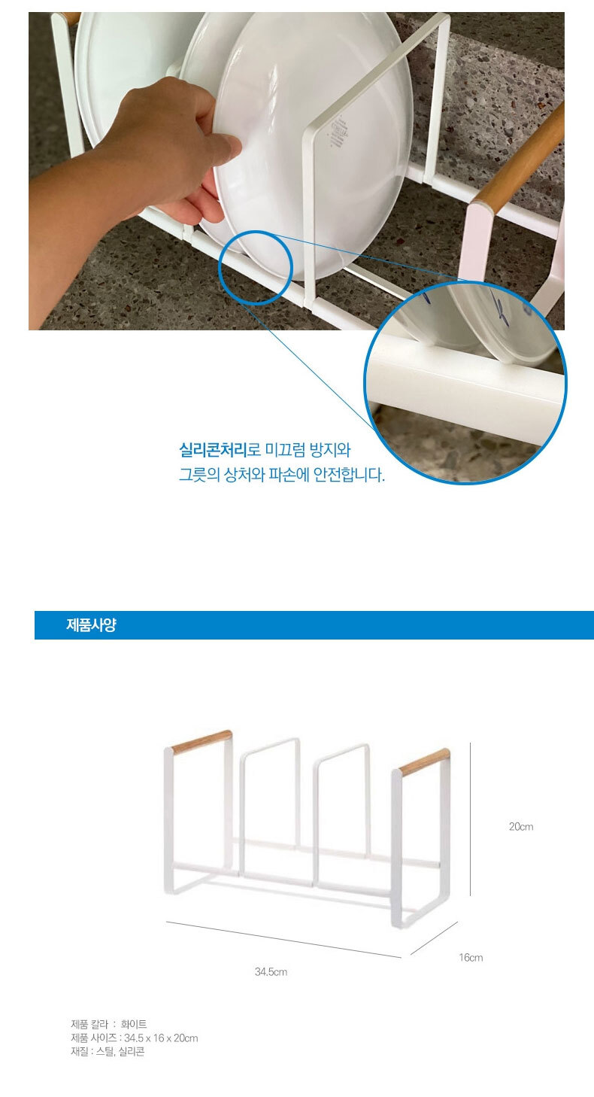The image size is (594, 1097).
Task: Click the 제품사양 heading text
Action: (x=91, y=625)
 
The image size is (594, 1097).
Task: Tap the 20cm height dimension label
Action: (x=521, y=826)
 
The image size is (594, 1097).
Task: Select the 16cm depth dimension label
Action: (x=471, y=957)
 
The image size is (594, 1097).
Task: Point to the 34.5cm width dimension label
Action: (x=271, y=971)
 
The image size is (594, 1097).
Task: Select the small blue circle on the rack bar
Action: (x=256, y=268)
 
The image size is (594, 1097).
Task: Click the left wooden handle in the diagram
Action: (x=202, y=741)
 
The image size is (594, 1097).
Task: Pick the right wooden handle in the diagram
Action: (x=425, y=762)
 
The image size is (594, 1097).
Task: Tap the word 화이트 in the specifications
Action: (x=134, y=1024)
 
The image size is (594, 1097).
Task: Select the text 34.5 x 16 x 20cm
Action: (x=161, y=1038)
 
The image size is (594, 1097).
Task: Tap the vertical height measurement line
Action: (x=470, y=819)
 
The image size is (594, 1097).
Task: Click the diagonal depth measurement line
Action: (x=434, y=937)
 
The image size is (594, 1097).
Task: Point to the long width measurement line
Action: (x=283, y=939)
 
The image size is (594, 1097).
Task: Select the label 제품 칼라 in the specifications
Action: (x=89, y=1024)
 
